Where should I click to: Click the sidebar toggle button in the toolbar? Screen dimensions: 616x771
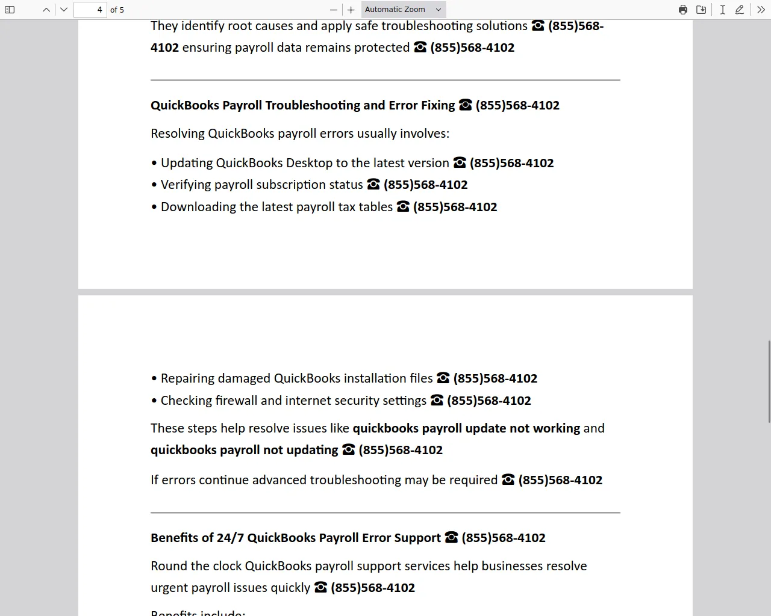pos(10,10)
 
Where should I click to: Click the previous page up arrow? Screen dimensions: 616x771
pos(46,10)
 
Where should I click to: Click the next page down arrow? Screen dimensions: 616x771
pos(64,10)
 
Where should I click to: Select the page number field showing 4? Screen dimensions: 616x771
pos(90,10)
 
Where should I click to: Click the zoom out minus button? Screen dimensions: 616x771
pos(334,10)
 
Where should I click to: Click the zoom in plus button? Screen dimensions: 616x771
pos(351,10)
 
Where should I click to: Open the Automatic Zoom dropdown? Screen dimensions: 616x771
pos(404,10)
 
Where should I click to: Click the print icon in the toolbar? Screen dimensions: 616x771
pos(683,10)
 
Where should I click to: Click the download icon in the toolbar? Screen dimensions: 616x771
pos(701,10)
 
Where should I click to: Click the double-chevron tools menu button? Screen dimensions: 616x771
pos(761,10)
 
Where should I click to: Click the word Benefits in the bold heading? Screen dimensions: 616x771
pos(174,538)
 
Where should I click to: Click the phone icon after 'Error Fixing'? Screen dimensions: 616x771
pos(465,105)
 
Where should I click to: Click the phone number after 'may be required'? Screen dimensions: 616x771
pos(560,480)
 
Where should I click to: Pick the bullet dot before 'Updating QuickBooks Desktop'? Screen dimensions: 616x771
pos(154,163)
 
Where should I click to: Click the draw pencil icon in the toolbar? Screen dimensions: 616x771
pos(740,10)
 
